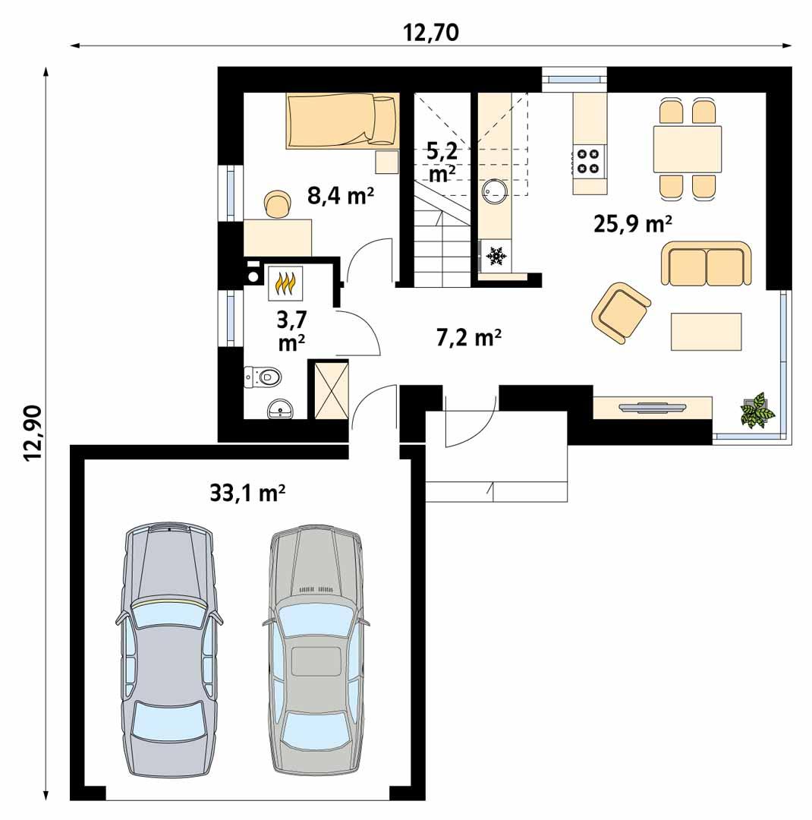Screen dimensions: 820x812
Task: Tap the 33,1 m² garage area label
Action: (247, 494)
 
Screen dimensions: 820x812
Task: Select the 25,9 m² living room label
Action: (634, 223)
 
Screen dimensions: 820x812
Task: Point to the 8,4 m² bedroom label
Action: (341, 197)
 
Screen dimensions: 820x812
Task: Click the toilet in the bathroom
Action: (263, 376)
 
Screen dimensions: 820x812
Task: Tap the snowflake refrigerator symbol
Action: (497, 257)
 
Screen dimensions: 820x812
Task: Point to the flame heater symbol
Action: (285, 283)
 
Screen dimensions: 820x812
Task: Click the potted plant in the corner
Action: (757, 411)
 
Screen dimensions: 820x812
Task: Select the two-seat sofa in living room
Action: (707, 263)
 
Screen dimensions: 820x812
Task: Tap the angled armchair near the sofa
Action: (621, 311)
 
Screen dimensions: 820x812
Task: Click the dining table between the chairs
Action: (687, 150)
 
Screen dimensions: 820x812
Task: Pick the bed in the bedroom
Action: (342, 120)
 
